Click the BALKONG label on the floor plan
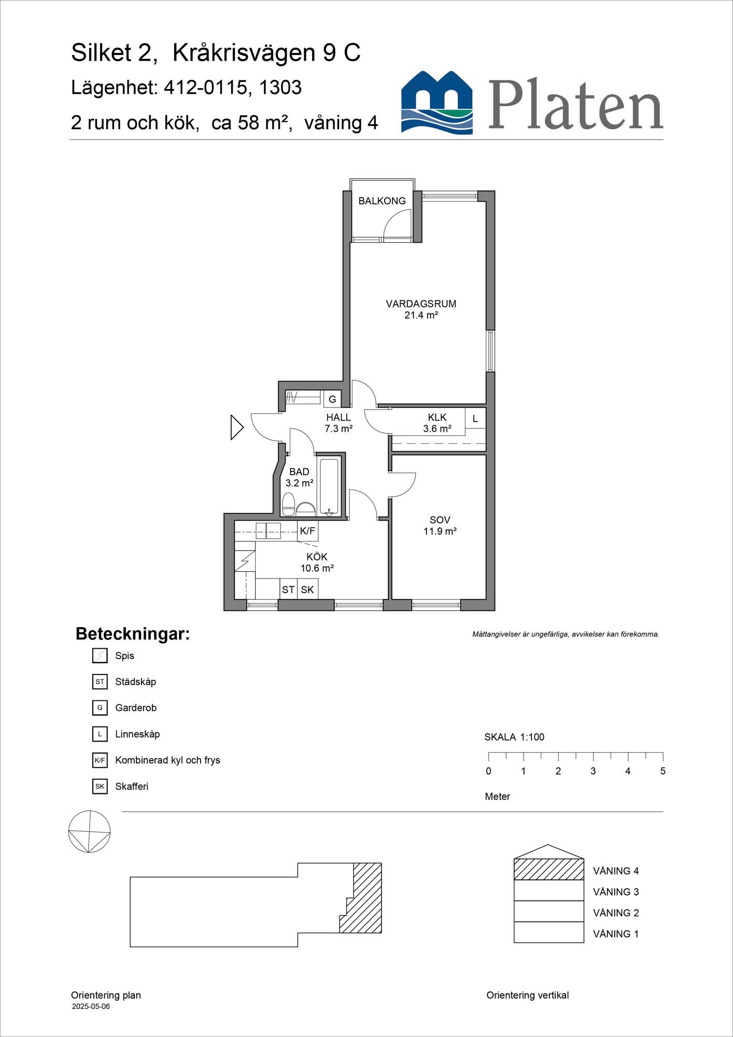point(382,201)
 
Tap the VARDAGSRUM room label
point(421,304)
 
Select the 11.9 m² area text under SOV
point(440,531)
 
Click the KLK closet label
point(437,417)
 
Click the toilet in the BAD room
point(289,505)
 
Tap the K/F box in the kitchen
point(307,531)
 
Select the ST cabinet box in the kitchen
point(288,590)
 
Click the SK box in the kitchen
point(307,590)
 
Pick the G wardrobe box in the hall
point(332,399)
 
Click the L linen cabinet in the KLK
point(475,418)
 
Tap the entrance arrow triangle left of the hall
point(237,428)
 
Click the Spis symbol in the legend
point(100,656)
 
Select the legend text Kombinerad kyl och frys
point(167,760)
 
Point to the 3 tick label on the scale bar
point(593,771)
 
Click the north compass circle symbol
point(89,832)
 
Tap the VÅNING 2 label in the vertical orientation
point(616,913)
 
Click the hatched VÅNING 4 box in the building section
point(549,870)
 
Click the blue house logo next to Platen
point(437,103)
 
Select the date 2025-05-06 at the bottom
point(91,1006)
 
